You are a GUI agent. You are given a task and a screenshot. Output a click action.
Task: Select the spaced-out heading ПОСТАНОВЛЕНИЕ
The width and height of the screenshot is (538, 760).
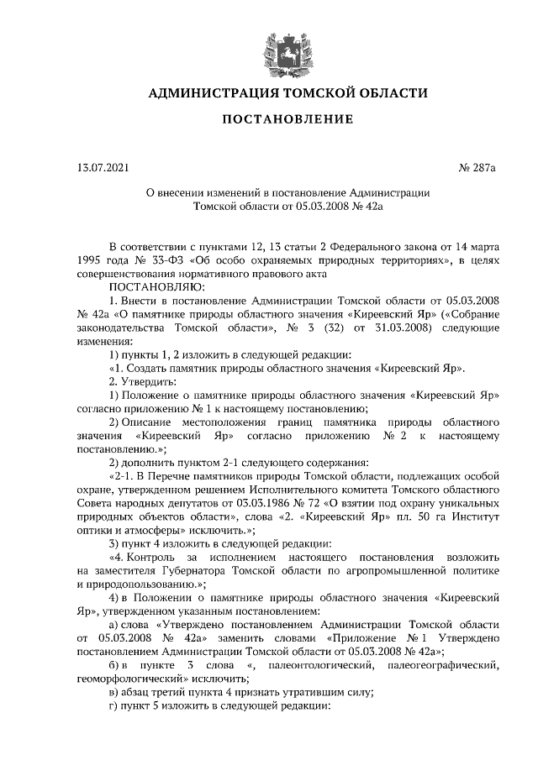pos(287,120)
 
